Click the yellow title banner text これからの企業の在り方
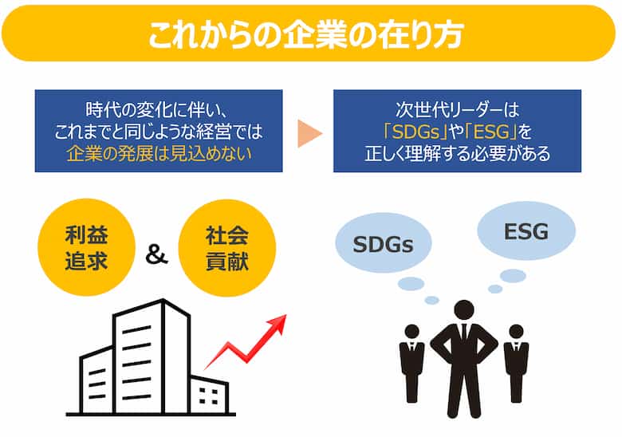[x=306, y=34]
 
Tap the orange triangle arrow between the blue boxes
[x=309, y=133]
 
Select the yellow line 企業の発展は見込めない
[x=159, y=154]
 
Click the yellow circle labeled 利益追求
[x=86, y=247]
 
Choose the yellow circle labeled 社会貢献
[x=227, y=248]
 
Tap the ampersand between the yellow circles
[x=156, y=254]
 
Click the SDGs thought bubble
[x=384, y=242]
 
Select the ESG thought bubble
[x=526, y=231]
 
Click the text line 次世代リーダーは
[x=458, y=110]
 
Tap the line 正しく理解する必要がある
[x=458, y=154]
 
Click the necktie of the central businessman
[x=464, y=334]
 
